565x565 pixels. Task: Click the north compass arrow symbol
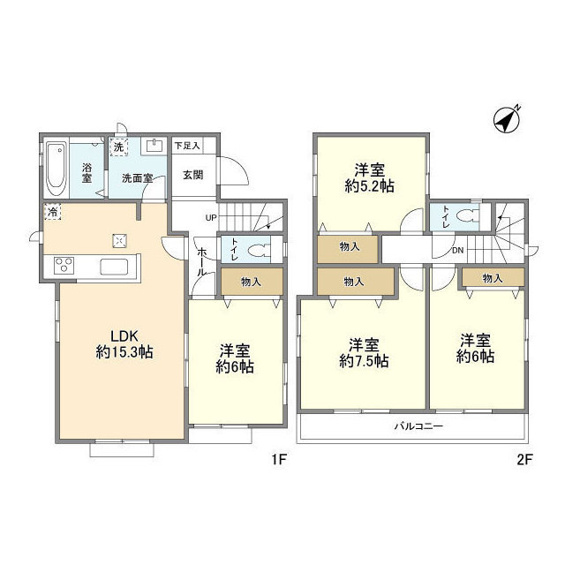coord(507,119)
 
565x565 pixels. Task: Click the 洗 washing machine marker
coord(119,147)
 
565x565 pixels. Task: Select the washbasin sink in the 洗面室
coord(155,146)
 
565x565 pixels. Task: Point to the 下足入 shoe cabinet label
coord(187,146)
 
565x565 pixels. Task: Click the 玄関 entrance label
coord(193,175)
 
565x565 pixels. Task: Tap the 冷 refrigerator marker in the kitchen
coord(53,212)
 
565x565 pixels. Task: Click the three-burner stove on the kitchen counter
coord(64,265)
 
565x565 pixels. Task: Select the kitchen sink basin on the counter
coord(114,267)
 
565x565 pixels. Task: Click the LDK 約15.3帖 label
coord(124,344)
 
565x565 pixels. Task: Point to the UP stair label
coord(211,218)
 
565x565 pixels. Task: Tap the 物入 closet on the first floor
coord(252,282)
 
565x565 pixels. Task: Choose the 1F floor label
coord(279,459)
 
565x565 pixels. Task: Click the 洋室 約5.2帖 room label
coord(370,177)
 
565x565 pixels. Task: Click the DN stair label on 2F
coord(457,251)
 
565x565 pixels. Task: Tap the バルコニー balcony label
coord(418,426)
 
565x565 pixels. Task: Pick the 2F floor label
coord(524,459)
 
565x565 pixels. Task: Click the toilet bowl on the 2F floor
coord(467,215)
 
